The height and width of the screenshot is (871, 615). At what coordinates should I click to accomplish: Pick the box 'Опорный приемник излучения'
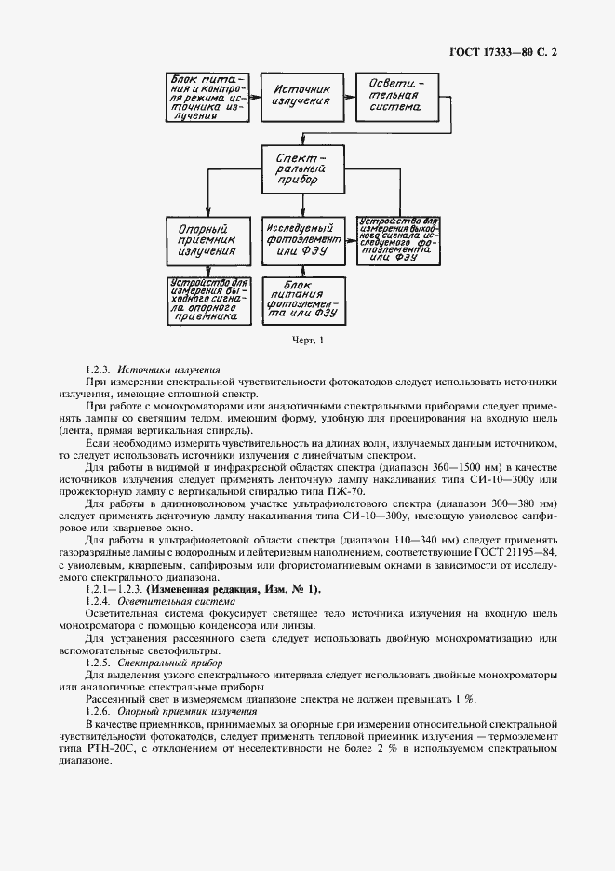click(x=207, y=238)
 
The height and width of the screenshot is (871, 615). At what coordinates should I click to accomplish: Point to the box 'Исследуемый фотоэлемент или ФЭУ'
click(x=300, y=238)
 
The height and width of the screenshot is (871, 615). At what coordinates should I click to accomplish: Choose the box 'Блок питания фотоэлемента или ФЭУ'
click(x=300, y=300)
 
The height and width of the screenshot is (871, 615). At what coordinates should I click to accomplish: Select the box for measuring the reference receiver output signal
click(x=207, y=300)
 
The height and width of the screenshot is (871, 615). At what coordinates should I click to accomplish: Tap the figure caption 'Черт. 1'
click(x=306, y=341)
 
